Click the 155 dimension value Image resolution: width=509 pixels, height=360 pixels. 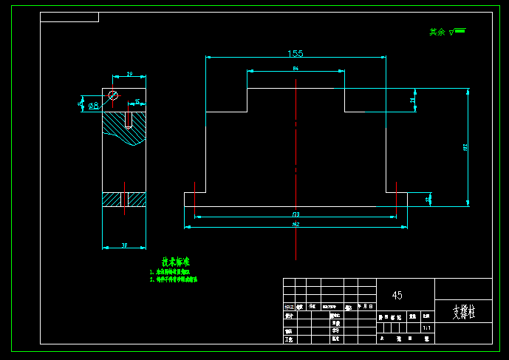[296, 53]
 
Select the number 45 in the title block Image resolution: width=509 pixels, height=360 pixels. [397, 295]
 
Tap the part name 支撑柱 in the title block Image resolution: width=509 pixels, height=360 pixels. [464, 312]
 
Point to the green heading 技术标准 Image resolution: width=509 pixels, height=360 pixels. [176, 262]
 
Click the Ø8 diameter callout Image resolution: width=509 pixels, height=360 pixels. [94, 106]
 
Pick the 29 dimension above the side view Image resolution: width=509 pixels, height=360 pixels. [130, 75]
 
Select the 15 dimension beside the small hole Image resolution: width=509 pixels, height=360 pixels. [137, 101]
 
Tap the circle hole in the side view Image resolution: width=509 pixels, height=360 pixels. [113, 95]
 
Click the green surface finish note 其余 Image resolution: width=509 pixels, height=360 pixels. [437, 33]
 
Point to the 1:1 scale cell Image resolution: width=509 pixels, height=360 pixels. [426, 327]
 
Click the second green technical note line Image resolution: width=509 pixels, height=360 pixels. [174, 279]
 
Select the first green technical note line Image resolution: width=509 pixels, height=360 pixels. [174, 272]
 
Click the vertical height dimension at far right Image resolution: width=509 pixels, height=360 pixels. [465, 147]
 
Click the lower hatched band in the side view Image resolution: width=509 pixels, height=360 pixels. [124, 200]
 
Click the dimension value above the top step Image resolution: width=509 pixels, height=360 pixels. [296, 68]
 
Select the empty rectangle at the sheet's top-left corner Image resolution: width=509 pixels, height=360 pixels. [69, 17]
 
